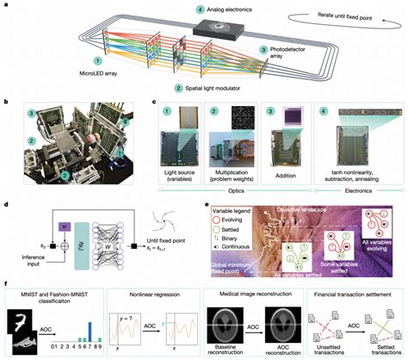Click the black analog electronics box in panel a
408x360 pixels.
(217, 28)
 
